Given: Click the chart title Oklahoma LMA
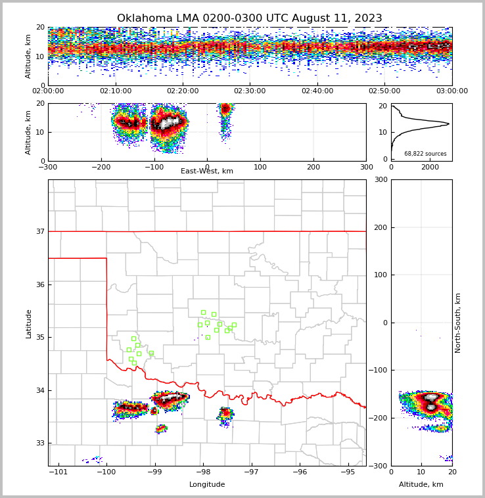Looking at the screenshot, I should [x=249, y=18].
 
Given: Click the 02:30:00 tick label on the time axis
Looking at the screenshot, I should [x=250, y=91].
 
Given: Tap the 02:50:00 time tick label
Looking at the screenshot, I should [x=384, y=91].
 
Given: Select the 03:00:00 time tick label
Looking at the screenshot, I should [x=451, y=91].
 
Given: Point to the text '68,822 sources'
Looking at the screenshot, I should [x=425, y=154].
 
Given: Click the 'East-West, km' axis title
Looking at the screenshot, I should [x=207, y=171].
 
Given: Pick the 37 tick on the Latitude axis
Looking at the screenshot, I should [x=40, y=231].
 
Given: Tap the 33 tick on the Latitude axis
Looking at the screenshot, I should [x=40, y=443].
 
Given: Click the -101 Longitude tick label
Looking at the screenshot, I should [x=59, y=472].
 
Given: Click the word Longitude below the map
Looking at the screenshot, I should [x=207, y=485].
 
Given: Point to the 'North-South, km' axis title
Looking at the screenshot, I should [x=458, y=323].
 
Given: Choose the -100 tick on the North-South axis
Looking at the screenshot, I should [x=379, y=371].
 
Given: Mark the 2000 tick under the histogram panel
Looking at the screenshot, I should [x=430, y=168].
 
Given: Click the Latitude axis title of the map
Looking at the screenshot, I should [x=28, y=323].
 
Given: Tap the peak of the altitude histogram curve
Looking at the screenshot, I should [x=449, y=124].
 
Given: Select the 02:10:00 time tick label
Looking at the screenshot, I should [x=115, y=91].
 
